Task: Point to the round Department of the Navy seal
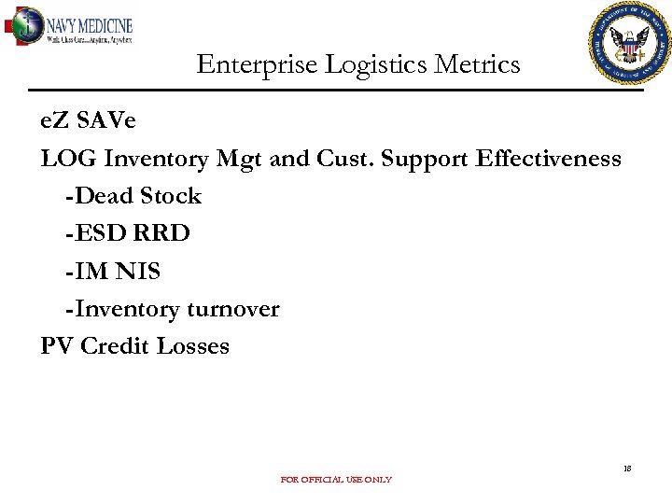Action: (x=629, y=43)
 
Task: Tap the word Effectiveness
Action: (x=548, y=159)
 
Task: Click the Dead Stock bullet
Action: (x=133, y=196)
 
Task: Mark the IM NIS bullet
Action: (x=113, y=272)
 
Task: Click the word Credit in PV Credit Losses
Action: (x=115, y=346)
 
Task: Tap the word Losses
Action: (x=192, y=346)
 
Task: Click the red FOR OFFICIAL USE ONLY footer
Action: (x=336, y=480)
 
